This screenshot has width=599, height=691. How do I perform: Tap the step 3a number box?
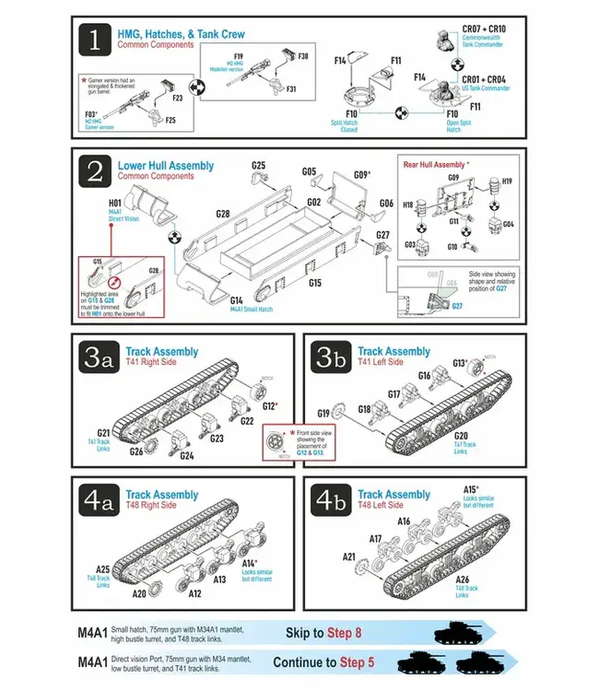click(x=96, y=358)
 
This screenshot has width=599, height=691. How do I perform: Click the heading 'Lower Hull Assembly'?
click(x=165, y=166)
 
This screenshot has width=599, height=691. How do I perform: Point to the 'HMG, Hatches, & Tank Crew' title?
click(x=181, y=34)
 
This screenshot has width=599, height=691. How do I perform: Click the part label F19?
click(x=239, y=56)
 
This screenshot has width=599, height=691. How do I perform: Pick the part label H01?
click(x=115, y=202)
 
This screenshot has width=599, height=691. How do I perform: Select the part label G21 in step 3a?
click(x=103, y=433)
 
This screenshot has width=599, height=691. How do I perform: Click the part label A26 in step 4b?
click(x=463, y=580)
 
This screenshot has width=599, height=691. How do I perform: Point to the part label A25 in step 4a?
click(x=103, y=569)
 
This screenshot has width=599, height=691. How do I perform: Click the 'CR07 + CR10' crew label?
click(x=483, y=29)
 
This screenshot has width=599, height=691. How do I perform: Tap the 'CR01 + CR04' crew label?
click(x=483, y=79)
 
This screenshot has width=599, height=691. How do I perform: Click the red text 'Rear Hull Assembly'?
click(x=434, y=164)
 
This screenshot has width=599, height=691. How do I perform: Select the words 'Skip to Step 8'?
click(x=323, y=633)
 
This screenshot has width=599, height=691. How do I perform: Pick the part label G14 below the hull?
click(x=237, y=300)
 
